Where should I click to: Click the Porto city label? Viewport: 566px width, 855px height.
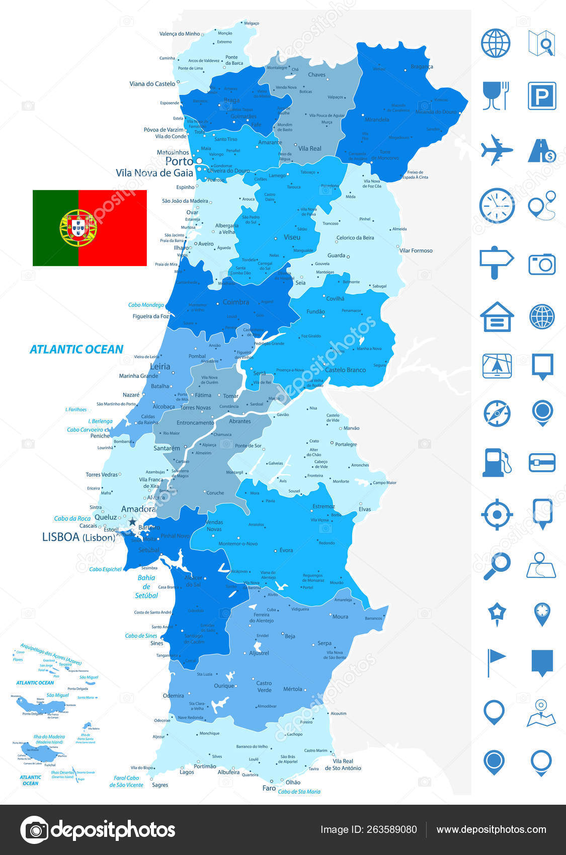click(x=179, y=161)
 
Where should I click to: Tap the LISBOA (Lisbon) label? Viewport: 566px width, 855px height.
click(x=78, y=537)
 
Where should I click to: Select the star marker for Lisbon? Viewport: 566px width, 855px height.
click(x=132, y=522)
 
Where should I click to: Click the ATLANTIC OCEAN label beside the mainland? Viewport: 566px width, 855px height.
click(x=76, y=349)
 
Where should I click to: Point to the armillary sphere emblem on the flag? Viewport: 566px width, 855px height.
click(x=78, y=228)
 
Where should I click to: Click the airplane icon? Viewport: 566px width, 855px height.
click(x=496, y=149)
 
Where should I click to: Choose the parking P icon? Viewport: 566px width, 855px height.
click(x=542, y=96)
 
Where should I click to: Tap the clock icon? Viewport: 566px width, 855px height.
click(x=497, y=206)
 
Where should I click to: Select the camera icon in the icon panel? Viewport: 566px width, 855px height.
click(x=542, y=264)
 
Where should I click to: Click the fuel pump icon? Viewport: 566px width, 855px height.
click(x=496, y=462)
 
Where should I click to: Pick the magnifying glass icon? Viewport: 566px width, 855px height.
click(x=497, y=566)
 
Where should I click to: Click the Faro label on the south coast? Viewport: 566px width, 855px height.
click(x=269, y=788)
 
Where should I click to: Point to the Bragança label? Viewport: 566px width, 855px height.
click(x=422, y=66)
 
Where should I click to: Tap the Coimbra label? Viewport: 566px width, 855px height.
click(x=236, y=302)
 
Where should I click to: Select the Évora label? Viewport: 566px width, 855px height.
click(x=286, y=550)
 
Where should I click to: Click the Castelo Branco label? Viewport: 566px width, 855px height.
click(x=345, y=370)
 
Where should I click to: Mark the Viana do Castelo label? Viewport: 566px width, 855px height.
click(x=152, y=84)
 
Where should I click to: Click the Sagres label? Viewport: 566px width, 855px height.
click(x=160, y=785)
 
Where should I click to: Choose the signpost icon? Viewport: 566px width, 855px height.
click(x=496, y=262)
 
